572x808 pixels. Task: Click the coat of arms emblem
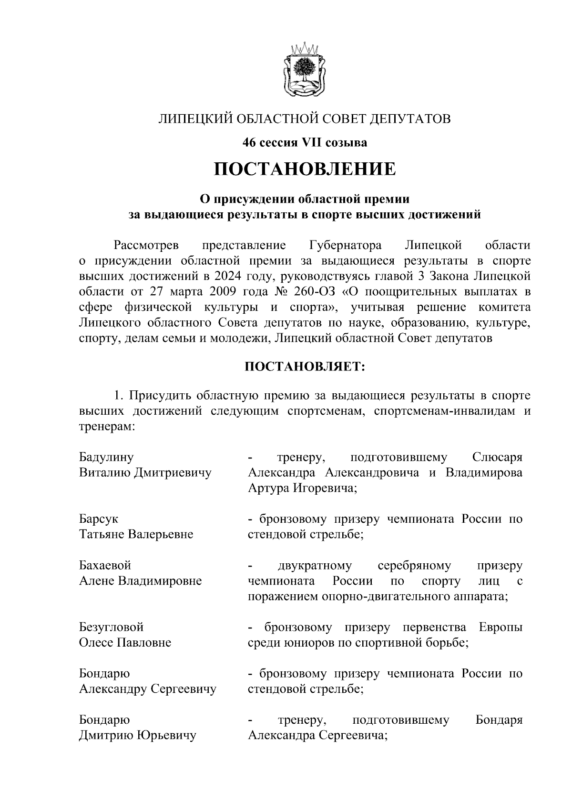pyautogui.click(x=305, y=70)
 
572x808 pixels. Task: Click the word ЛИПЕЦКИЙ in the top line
pyautogui.click(x=195, y=119)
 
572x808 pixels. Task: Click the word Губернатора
pyautogui.click(x=345, y=246)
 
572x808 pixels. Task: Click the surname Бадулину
pyautogui.click(x=106, y=458)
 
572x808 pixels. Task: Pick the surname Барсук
pyautogui.click(x=98, y=519)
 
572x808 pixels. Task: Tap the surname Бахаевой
pyautogui.click(x=104, y=566)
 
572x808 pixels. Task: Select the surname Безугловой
pyautogui.click(x=111, y=628)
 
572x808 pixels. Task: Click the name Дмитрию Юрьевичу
pyautogui.click(x=138, y=736)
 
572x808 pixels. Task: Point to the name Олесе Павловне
pyautogui.click(x=124, y=643)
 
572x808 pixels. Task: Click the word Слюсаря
pyautogui.click(x=497, y=458)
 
